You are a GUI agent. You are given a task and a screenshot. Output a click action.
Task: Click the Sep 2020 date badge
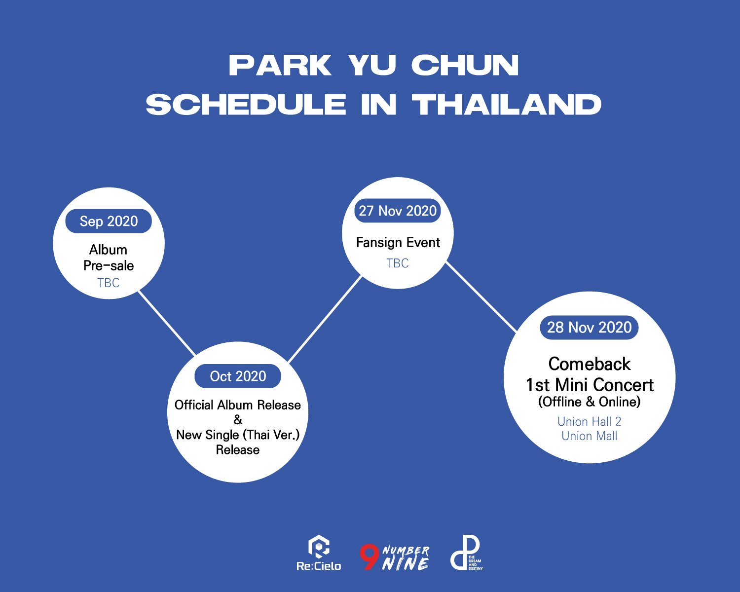(x=109, y=222)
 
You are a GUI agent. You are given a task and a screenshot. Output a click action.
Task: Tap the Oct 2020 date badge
(x=238, y=376)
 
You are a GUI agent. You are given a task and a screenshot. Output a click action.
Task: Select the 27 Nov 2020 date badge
(x=398, y=211)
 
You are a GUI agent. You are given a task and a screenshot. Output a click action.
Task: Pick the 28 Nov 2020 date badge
(x=589, y=328)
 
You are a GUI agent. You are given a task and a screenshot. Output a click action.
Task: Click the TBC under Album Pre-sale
(x=109, y=283)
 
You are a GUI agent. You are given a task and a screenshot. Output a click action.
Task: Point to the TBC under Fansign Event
(x=398, y=263)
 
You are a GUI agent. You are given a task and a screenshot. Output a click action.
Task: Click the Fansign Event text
(x=398, y=243)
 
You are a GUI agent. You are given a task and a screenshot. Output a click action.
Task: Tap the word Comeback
(x=589, y=364)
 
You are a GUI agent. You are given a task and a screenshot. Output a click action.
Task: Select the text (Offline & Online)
(x=589, y=402)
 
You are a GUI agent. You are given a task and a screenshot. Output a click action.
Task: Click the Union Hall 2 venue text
(x=589, y=421)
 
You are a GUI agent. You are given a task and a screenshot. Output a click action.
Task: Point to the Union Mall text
(x=589, y=436)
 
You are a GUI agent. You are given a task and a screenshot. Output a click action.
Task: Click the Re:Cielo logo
(x=319, y=554)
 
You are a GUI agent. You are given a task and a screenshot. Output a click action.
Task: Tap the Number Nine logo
(x=395, y=557)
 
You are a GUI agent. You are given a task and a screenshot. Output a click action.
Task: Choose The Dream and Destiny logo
(x=466, y=554)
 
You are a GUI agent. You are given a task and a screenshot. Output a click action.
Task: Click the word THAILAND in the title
(x=507, y=105)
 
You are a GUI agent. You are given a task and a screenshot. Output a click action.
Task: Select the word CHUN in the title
(x=465, y=66)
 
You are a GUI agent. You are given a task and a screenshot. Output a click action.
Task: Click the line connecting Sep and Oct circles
(x=166, y=323)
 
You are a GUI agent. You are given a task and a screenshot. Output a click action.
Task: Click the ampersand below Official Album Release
(x=238, y=420)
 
